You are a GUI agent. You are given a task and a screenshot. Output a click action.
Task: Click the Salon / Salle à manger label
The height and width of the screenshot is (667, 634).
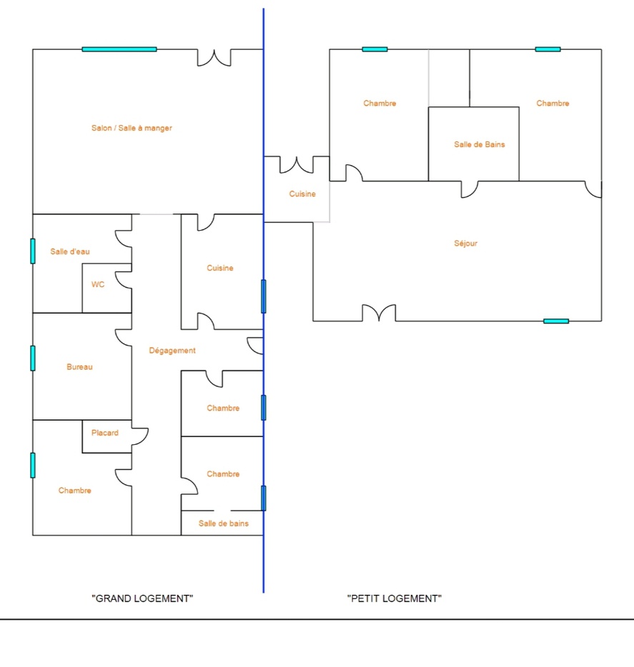[x=132, y=129]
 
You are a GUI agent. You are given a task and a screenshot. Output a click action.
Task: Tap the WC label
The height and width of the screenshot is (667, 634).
[x=98, y=284]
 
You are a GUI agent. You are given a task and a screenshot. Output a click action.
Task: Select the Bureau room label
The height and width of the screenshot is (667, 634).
[x=79, y=367]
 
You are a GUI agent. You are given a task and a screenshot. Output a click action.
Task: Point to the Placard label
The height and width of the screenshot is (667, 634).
[x=105, y=433]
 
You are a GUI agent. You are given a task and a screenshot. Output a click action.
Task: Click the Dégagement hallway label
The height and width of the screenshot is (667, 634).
[x=172, y=351]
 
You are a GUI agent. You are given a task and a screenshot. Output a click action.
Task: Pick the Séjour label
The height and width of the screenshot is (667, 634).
[x=465, y=244]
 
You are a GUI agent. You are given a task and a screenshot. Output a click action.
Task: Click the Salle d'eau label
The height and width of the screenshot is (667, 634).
[x=70, y=251]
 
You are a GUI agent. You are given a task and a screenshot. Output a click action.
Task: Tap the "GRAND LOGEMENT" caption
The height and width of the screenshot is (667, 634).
[x=143, y=598]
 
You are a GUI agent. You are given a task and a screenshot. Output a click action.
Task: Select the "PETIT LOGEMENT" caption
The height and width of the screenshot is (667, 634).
[x=394, y=598]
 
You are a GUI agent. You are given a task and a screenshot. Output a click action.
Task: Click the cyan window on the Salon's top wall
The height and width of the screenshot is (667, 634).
[x=119, y=49]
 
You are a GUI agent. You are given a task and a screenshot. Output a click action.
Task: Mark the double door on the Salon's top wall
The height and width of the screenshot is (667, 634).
[x=214, y=58]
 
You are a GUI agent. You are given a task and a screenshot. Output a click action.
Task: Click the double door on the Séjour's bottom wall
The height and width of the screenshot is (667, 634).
[x=379, y=314]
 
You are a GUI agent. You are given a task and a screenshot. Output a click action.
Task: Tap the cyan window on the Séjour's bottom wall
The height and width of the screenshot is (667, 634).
[x=556, y=321]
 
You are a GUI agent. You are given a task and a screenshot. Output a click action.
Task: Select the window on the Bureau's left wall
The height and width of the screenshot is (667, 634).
[x=33, y=358]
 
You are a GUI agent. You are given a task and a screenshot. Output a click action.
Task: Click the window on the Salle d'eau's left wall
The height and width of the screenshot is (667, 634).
[x=33, y=251]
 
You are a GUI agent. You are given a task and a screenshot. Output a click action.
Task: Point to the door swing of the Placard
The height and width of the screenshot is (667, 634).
[x=140, y=436]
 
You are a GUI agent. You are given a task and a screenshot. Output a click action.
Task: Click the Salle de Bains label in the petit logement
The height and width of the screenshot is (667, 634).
[x=479, y=144]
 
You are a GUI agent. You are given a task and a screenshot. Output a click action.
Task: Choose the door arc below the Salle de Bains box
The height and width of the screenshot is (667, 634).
[x=470, y=189]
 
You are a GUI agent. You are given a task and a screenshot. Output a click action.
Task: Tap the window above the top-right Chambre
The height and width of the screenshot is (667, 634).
[x=548, y=49]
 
